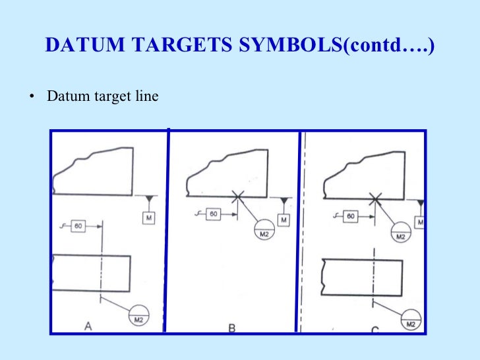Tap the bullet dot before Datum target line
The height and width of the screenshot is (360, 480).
point(31,97)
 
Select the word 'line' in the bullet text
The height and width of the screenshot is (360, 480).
point(147,96)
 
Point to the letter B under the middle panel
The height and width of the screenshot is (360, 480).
point(232,326)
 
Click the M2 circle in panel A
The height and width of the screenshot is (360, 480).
point(139,316)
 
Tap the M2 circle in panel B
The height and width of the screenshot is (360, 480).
point(264,231)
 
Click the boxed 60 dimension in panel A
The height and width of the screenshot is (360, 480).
point(78,226)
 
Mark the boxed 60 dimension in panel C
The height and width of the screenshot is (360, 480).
point(351,216)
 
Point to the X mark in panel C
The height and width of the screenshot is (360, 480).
point(375,197)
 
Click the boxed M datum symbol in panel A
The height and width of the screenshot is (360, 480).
point(149,218)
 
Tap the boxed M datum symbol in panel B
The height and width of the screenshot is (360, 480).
point(284,219)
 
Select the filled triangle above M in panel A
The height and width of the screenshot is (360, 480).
point(149,199)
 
